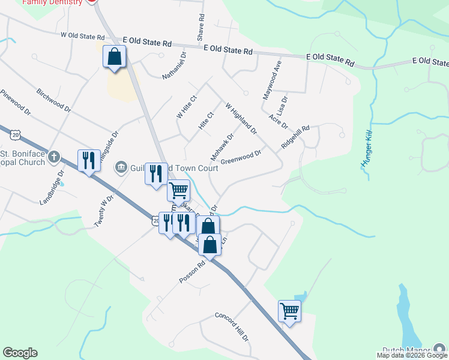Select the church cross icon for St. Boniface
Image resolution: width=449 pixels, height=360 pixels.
tap(54, 157)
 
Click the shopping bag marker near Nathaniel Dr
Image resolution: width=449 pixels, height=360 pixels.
tap(114, 58)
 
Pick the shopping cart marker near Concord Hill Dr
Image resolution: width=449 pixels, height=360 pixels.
tap(289, 311)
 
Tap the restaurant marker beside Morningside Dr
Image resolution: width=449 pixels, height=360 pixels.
tap(89, 160)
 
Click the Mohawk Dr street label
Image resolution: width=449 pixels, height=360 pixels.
tap(221, 147)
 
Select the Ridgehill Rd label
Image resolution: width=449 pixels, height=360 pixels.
tap(294, 137)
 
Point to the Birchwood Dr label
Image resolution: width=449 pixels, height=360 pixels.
tap(54, 101)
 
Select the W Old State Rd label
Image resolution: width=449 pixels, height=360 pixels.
tap(82, 36)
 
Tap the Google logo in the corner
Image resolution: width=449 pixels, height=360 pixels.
tap(20, 353)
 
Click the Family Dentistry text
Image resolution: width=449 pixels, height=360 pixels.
tap(52, 2)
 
